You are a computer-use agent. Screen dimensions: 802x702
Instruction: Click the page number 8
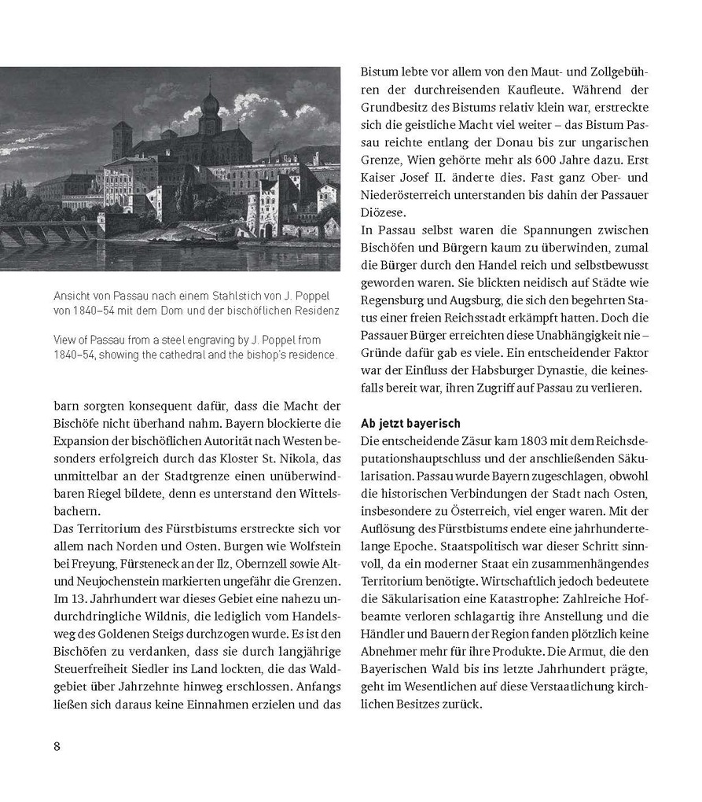(57, 746)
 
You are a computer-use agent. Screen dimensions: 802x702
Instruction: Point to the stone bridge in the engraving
(47, 232)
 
